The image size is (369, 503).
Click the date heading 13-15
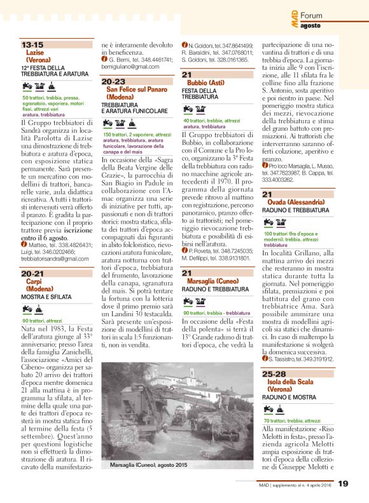coord(32,45)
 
